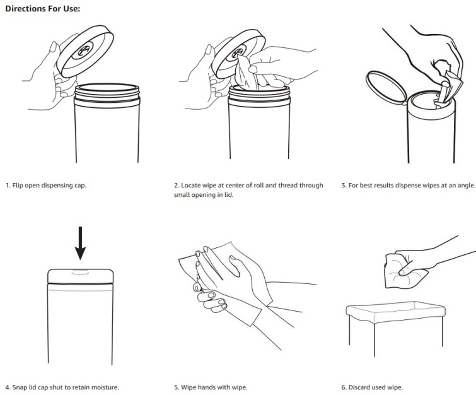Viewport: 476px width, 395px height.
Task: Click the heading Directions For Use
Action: [x=43, y=8]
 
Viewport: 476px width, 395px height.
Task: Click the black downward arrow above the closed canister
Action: [x=80, y=243]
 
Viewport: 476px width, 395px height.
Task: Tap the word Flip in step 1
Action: [x=18, y=186]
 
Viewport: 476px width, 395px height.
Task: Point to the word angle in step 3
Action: [x=465, y=186]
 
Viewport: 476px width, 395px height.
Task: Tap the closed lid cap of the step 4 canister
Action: [x=81, y=276]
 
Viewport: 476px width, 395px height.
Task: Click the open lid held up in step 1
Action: [x=85, y=51]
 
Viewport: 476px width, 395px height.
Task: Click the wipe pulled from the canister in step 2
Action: [x=247, y=73]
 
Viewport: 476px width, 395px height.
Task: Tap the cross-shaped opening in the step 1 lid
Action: [x=84, y=49]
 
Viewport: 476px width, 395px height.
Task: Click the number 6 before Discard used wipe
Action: [x=343, y=387]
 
